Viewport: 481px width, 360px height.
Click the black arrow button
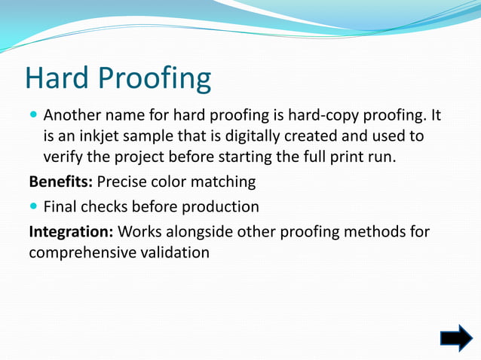click(x=455, y=338)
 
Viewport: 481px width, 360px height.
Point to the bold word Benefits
click(x=61, y=182)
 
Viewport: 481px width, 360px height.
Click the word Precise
click(x=124, y=182)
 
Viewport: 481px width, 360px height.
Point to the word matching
click(x=224, y=182)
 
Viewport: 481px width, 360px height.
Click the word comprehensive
click(x=84, y=252)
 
